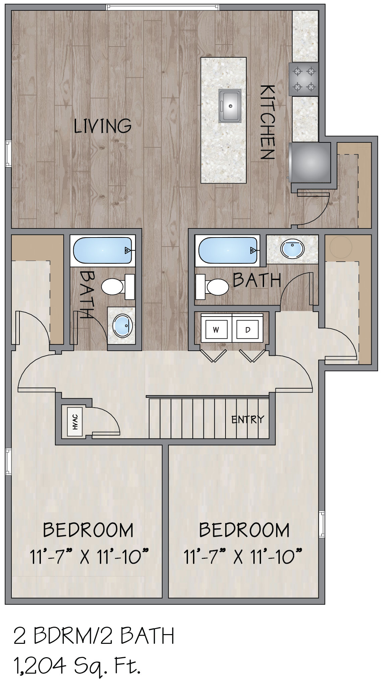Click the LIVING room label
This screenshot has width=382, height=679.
103,126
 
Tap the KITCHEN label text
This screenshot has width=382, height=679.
267,122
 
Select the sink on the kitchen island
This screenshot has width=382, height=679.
230,106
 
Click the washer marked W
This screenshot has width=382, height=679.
216,330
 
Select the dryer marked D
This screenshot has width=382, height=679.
248,330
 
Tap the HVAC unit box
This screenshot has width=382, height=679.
75,421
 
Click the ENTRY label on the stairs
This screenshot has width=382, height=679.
248,419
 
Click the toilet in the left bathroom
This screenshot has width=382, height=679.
118,286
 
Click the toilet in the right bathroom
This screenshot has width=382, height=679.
212,286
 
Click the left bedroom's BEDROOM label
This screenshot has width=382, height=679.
88,530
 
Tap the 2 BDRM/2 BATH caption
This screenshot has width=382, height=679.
94,635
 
